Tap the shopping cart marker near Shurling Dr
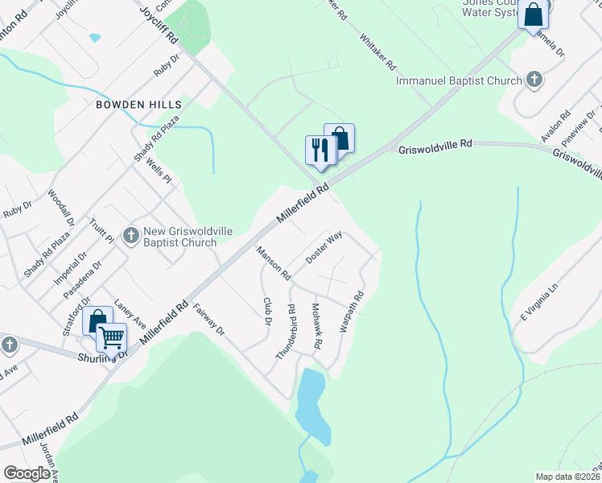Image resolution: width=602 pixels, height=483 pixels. coord(111,337)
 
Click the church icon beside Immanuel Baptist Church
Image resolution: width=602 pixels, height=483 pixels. coord(534,79)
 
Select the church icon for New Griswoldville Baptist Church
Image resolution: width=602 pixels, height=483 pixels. coord(131,235)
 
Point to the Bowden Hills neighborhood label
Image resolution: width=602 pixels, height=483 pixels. coord(138,105)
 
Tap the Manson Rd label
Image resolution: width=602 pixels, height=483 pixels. coord(274,263)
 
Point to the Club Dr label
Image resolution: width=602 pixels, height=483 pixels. coord(267,312)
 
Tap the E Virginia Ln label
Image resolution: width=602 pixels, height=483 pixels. coord(538,299)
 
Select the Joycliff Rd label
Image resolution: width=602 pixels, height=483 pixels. coord(158,20)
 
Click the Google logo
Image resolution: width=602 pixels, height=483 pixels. coord(27,473)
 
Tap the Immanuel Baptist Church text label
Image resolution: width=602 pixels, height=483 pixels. coord(459,80)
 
